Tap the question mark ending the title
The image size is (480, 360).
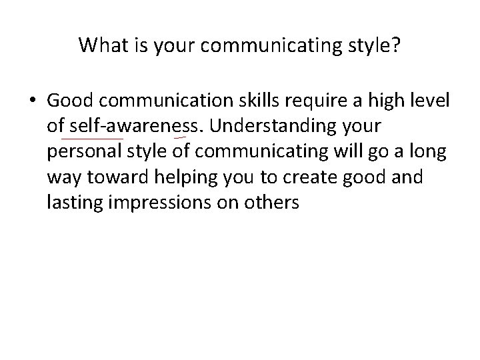(x=397, y=45)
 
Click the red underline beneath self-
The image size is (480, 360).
(x=92, y=138)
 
